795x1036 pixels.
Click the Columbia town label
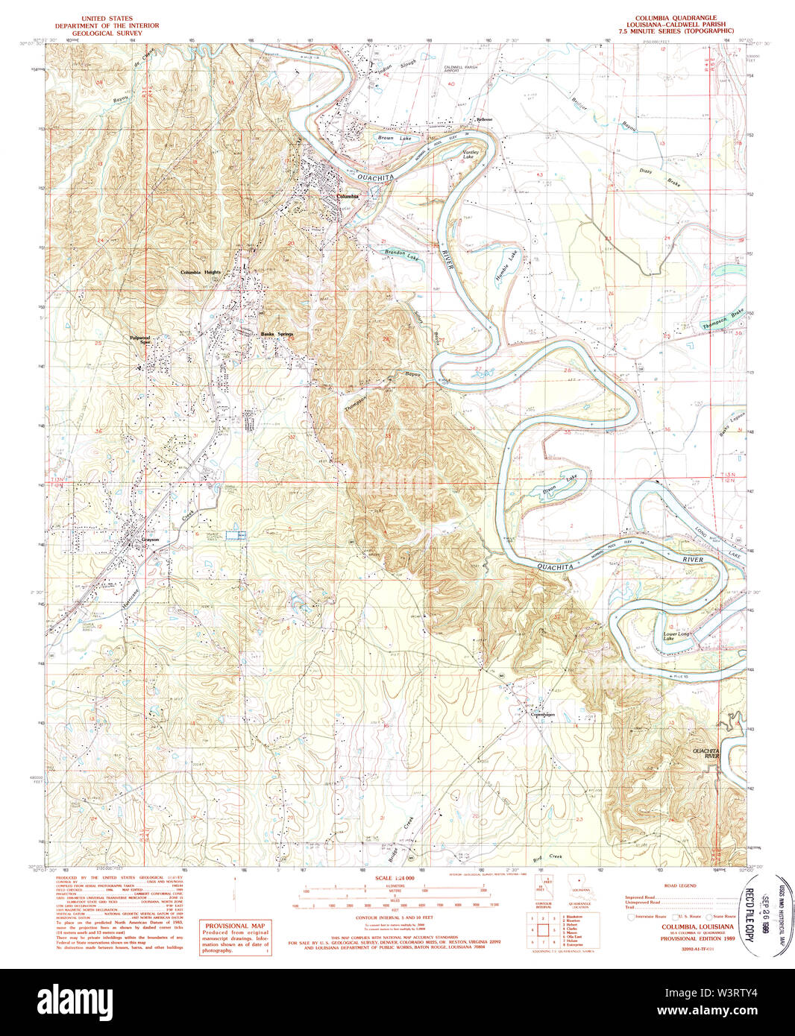point(348,197)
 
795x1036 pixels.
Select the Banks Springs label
point(277,334)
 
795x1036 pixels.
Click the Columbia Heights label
point(201,273)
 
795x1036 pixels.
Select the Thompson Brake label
point(723,322)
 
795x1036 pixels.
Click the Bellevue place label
point(484,119)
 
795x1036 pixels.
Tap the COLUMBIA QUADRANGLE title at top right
point(676,17)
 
